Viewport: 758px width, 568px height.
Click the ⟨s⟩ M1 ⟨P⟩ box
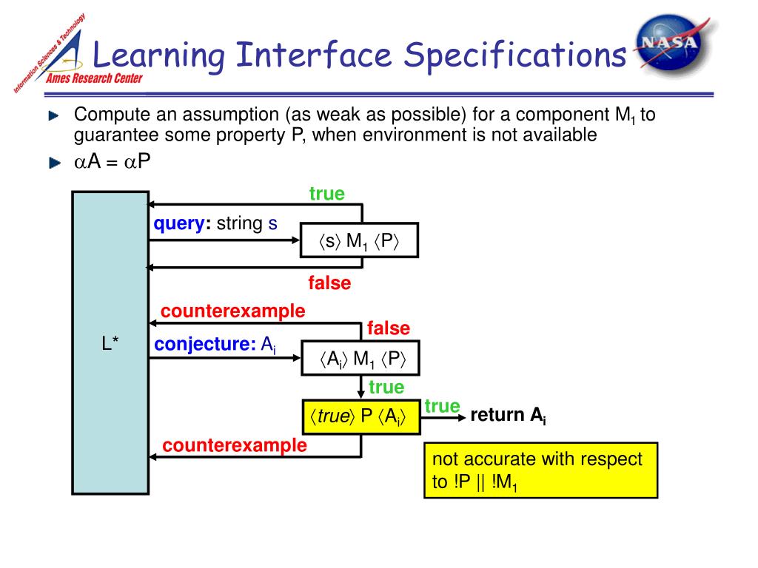pyautogui.click(x=359, y=240)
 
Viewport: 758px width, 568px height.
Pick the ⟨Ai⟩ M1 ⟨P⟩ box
pyautogui.click(x=359, y=359)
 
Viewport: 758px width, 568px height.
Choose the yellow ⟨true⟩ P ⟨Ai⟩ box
pyautogui.click(x=360, y=417)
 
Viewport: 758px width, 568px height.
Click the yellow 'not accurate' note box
pyautogui.click(x=540, y=471)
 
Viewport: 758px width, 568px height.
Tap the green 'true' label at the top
pyautogui.click(x=326, y=194)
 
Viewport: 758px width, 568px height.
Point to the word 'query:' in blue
pyautogui.click(x=182, y=223)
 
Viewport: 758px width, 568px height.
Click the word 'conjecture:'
pyautogui.click(x=204, y=343)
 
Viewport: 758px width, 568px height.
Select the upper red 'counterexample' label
pyautogui.click(x=232, y=311)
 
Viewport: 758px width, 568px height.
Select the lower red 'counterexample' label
pyautogui.click(x=234, y=445)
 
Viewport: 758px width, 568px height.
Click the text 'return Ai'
pyautogui.click(x=508, y=416)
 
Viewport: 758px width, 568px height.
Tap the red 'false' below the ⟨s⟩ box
pyautogui.click(x=329, y=283)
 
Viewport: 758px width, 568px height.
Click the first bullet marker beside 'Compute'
pyautogui.click(x=53, y=116)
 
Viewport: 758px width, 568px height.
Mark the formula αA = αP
pyautogui.click(x=111, y=162)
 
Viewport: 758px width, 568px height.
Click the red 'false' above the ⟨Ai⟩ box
pyautogui.click(x=388, y=328)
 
